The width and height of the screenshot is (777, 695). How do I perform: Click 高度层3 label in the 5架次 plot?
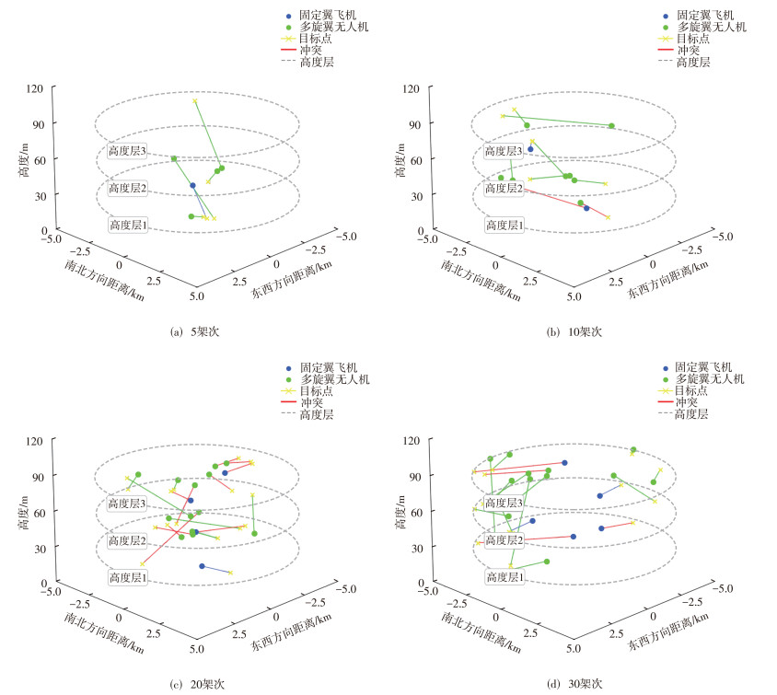point(128,151)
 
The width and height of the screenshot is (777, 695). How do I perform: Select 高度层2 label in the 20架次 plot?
point(128,540)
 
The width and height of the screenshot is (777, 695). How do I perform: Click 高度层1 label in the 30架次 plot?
point(504,577)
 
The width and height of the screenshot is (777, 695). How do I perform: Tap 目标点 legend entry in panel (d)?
point(690,390)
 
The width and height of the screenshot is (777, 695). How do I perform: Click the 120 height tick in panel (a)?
point(34,88)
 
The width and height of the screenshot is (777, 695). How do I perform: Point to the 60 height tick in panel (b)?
point(413,159)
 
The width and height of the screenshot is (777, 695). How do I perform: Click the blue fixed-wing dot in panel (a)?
point(192,186)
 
